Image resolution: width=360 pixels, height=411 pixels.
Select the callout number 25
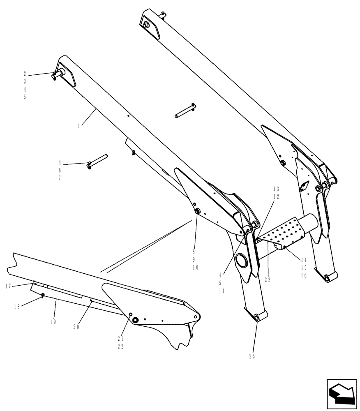(x=252, y=357)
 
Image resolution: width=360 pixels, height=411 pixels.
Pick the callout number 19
(x=53, y=322)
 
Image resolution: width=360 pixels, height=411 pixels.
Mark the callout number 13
(x=276, y=189)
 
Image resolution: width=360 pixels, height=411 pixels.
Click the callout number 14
(x=304, y=260)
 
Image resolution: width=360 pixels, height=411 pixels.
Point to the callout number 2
(x=25, y=74)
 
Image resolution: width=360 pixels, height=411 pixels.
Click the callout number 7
(x=59, y=179)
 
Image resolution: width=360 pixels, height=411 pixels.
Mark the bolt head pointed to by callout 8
(x=197, y=211)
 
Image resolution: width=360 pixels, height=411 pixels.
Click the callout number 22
(x=120, y=346)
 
